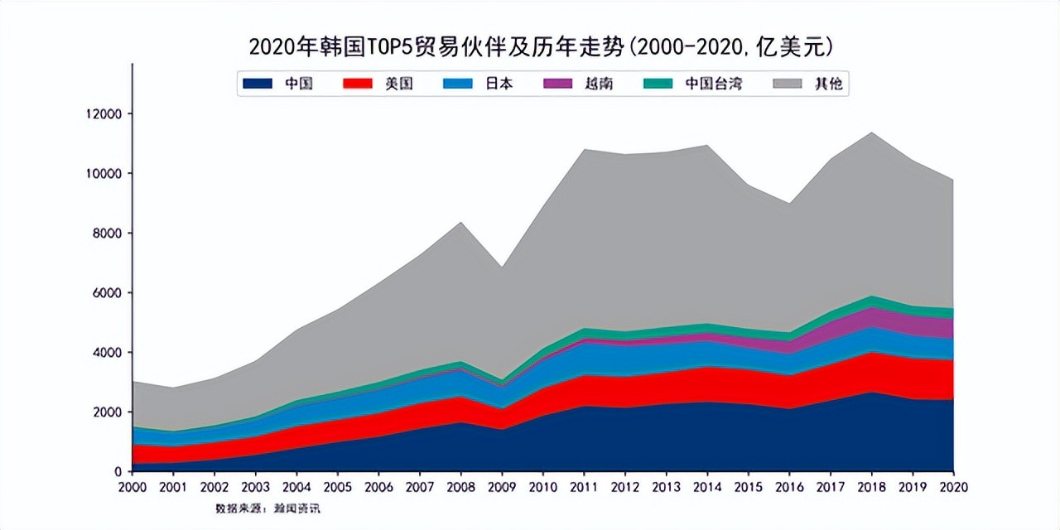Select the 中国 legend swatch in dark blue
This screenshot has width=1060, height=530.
pyautogui.click(x=258, y=84)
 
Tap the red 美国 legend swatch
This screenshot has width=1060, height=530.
pyautogui.click(x=358, y=84)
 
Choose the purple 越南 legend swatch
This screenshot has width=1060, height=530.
pyautogui.click(x=558, y=84)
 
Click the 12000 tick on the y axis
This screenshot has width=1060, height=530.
pyautogui.click(x=105, y=113)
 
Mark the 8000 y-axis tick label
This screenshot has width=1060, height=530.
pyautogui.click(x=108, y=233)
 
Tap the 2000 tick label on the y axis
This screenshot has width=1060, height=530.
pyautogui.click(x=108, y=412)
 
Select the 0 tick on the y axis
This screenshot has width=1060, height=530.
pyautogui.click(x=118, y=471)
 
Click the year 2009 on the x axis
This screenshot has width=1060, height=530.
pyautogui.click(x=501, y=486)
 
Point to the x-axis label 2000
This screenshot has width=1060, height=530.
pyautogui.click(x=132, y=486)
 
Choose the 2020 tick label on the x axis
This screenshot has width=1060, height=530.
pyautogui.click(x=953, y=486)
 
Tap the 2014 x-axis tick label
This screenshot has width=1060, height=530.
pyautogui.click(x=706, y=486)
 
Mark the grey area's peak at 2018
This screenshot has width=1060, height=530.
pyautogui.click(x=871, y=133)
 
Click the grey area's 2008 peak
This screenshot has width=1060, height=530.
pyautogui.click(x=460, y=223)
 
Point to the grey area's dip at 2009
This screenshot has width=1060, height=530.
pyautogui.click(x=501, y=267)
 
